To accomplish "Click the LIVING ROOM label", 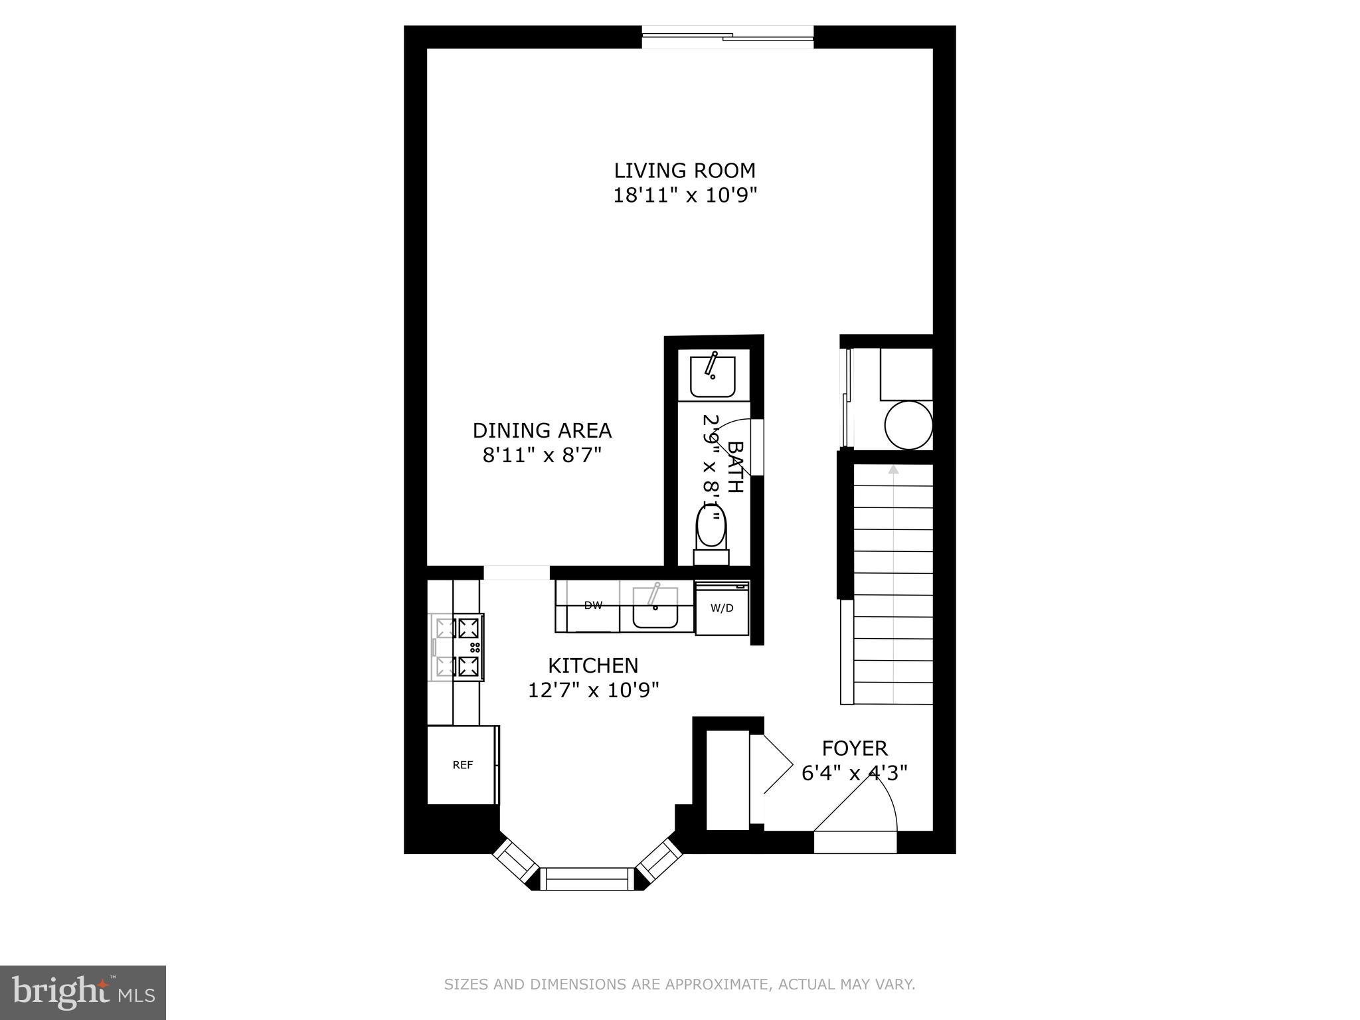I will point(685,171).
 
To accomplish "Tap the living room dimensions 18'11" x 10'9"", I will point(685,196).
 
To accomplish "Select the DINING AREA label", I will point(542,430).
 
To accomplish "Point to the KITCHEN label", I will point(593,665).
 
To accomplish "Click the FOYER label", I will point(855,748).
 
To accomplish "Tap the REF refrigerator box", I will point(462,765).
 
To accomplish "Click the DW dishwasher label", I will point(592,606).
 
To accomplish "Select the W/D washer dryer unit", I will point(722,608).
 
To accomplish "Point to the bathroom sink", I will point(713,376).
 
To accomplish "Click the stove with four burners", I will point(458,647).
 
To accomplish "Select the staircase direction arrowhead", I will point(893,469).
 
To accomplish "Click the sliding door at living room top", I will point(728,37).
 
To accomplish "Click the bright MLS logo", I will point(83,992).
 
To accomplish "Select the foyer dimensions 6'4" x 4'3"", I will point(855,774).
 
